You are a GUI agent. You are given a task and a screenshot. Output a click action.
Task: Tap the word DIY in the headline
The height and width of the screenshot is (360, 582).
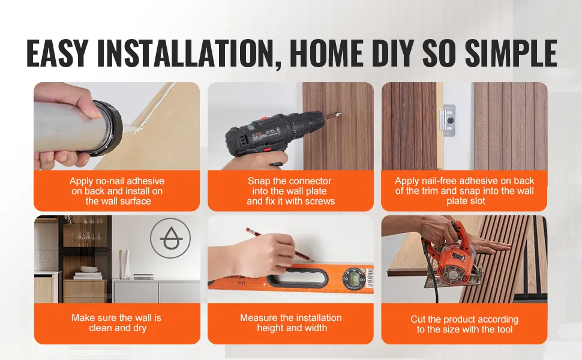click(394, 53)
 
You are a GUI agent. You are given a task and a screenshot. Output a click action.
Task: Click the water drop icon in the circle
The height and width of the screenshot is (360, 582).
click(170, 238)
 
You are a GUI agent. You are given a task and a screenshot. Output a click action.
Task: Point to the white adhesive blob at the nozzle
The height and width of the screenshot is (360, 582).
click(130, 129)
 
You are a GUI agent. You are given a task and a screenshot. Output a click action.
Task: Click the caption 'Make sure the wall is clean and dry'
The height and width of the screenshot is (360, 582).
click(116, 323)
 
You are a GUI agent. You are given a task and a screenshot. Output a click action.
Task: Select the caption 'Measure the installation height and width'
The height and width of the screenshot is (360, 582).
click(291, 323)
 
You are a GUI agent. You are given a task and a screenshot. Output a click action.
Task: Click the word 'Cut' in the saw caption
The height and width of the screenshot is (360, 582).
click(418, 319)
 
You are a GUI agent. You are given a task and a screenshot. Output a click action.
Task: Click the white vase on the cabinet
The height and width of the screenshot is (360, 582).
click(124, 264)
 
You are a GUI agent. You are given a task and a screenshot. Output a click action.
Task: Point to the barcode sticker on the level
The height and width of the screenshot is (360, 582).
click(370, 278)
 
